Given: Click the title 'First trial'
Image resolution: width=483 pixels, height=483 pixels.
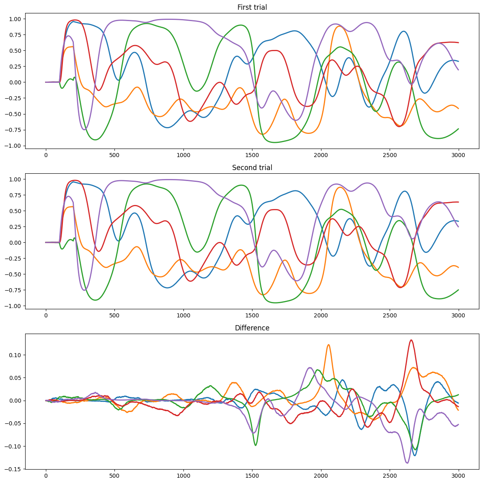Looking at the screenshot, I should [x=252, y=7].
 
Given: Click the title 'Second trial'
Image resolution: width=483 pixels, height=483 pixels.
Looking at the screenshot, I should [x=252, y=168].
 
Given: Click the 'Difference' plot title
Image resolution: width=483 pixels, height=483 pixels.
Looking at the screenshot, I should [x=252, y=328].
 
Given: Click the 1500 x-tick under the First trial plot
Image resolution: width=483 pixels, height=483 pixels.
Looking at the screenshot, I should [x=252, y=155].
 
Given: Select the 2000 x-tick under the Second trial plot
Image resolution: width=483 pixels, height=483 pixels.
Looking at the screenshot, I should [x=321, y=315].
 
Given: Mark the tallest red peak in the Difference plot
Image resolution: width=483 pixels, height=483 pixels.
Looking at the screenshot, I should [x=411, y=340].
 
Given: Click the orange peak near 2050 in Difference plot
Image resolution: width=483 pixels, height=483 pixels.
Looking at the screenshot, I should [x=328, y=345].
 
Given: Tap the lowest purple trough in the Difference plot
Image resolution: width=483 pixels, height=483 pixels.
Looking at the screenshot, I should [x=407, y=463].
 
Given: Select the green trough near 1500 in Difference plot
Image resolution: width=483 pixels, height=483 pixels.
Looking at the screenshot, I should [x=256, y=445].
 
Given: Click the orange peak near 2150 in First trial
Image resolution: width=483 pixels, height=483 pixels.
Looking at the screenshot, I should [x=339, y=26].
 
